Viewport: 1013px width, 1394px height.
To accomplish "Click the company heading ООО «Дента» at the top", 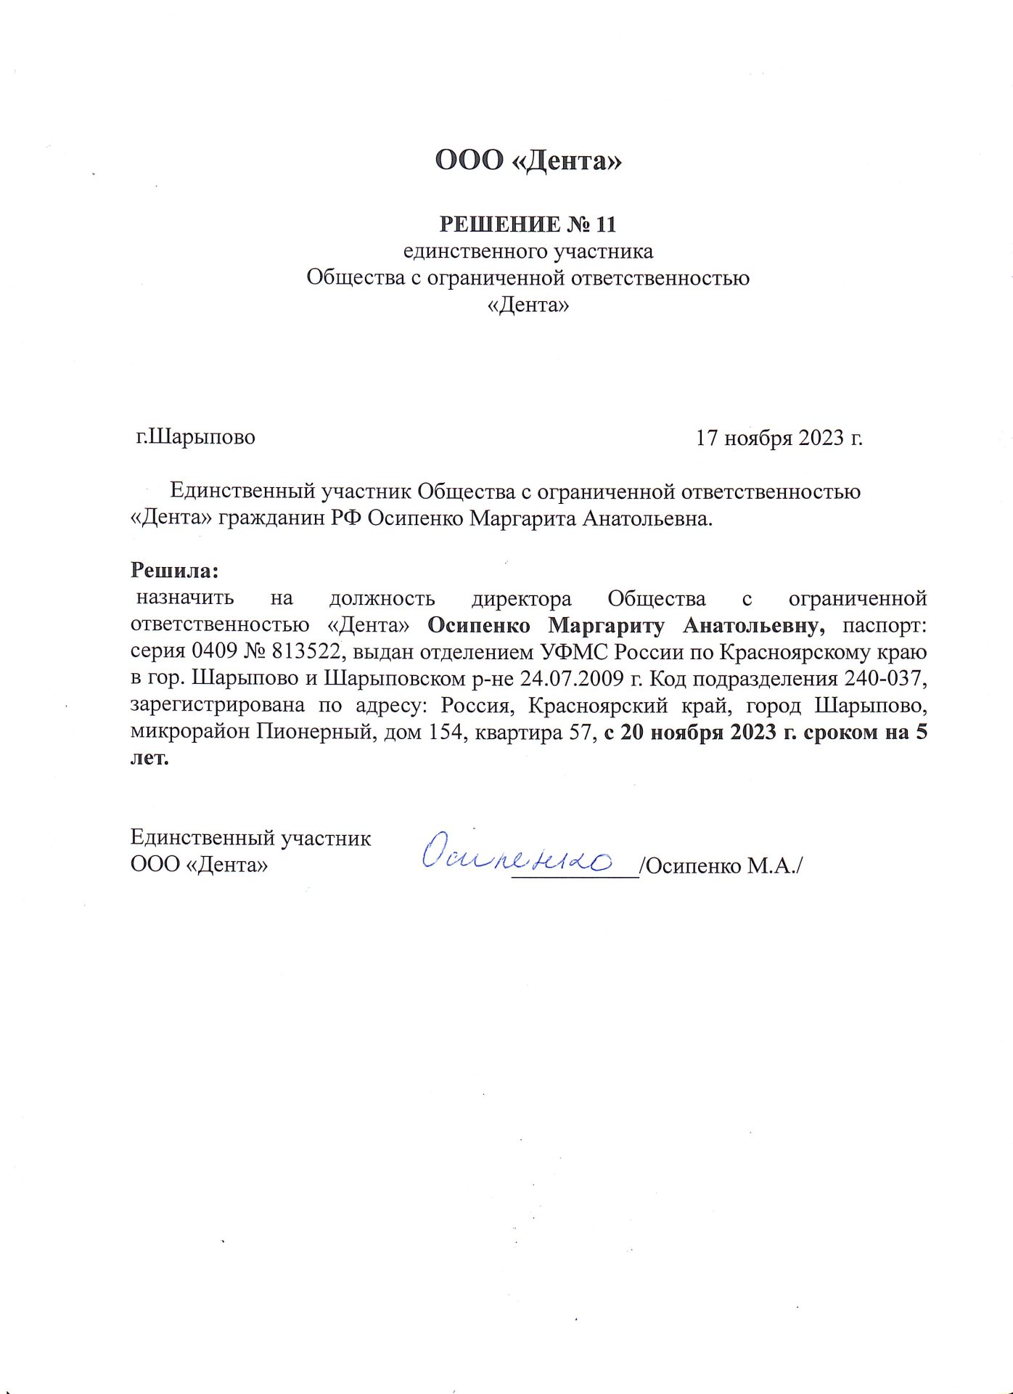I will click(x=528, y=160).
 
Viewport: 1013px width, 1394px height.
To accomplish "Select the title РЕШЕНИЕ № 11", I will click(x=528, y=224).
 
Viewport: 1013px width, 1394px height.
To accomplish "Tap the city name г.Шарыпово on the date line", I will click(x=196, y=437).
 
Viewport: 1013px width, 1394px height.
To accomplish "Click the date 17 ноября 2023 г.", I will click(x=779, y=438).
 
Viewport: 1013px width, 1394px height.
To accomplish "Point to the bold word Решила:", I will click(x=174, y=571).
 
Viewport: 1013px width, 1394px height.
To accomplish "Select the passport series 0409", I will click(x=214, y=652).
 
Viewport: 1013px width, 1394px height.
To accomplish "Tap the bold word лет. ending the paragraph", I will click(x=149, y=759).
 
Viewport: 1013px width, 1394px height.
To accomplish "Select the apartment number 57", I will click(x=581, y=732).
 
